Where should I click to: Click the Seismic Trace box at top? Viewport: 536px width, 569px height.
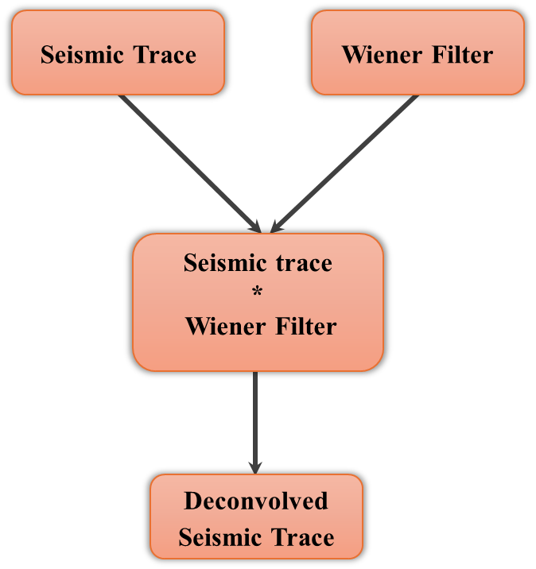point(118,52)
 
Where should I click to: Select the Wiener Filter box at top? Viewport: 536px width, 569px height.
point(418,52)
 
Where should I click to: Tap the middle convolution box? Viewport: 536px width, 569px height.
point(258,302)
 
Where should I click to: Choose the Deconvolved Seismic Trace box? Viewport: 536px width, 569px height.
point(256,517)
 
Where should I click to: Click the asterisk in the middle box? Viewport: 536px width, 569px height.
point(257,293)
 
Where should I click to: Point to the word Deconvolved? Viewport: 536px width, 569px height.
point(256,501)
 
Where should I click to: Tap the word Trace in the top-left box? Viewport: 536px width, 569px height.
point(166,55)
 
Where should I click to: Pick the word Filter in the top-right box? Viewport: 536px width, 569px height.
point(463,55)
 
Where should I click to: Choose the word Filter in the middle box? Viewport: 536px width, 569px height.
point(306,326)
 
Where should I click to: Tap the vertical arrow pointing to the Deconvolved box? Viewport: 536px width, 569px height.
point(255,421)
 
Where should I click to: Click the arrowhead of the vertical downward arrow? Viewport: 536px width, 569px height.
point(255,466)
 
